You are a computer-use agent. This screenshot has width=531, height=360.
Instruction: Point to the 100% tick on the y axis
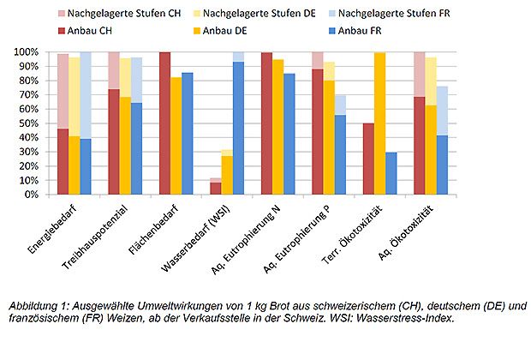coord(28,52)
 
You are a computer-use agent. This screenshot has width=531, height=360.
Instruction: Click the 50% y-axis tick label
coord(31,123)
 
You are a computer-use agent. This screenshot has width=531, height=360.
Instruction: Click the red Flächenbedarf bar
coord(165,123)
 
